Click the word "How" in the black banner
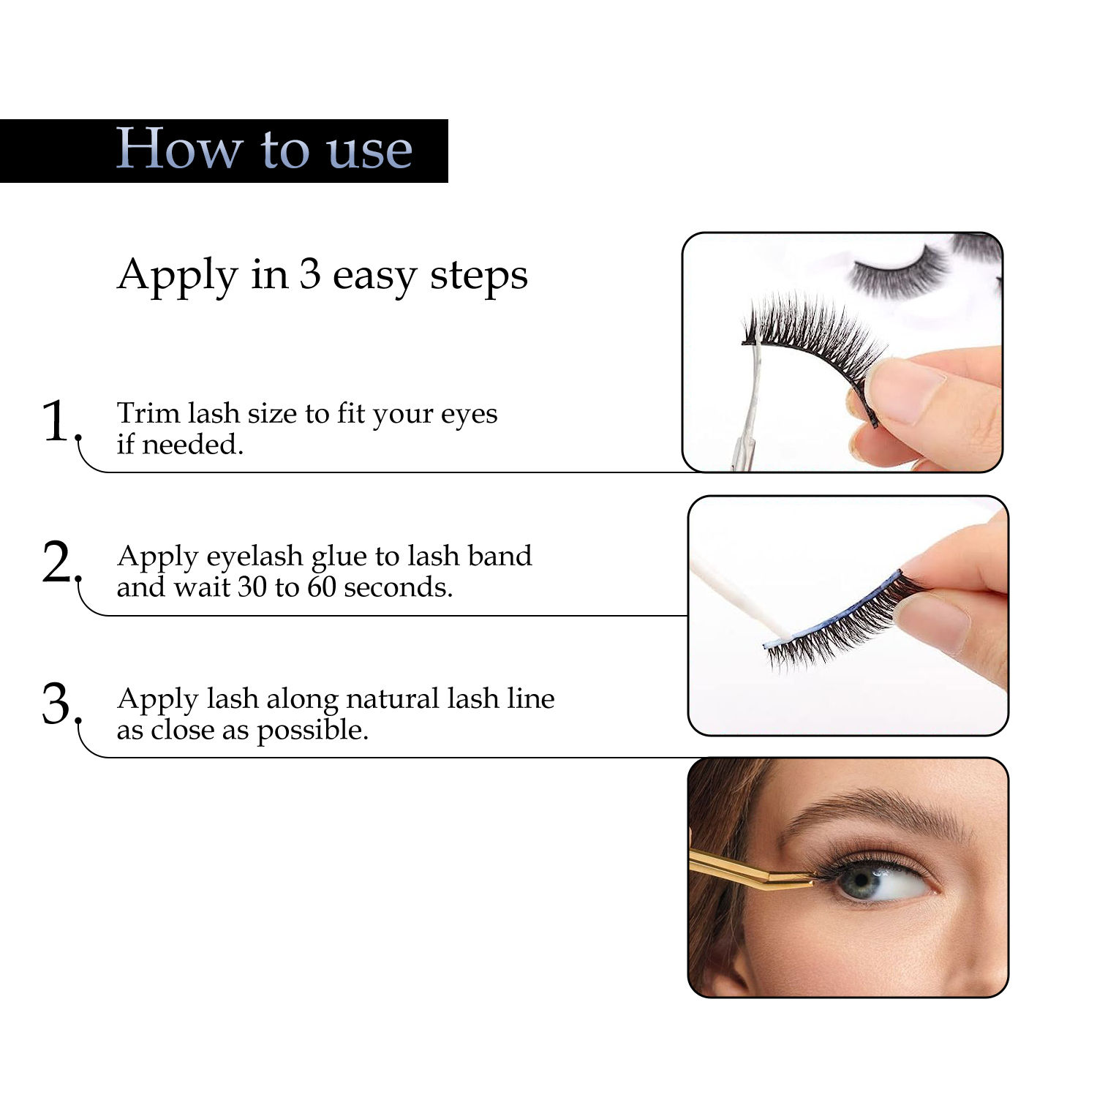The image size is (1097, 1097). [179, 148]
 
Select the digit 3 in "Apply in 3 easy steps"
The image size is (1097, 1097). [309, 275]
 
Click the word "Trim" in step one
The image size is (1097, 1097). [148, 413]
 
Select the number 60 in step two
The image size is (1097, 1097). [322, 587]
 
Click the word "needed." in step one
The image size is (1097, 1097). [192, 445]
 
